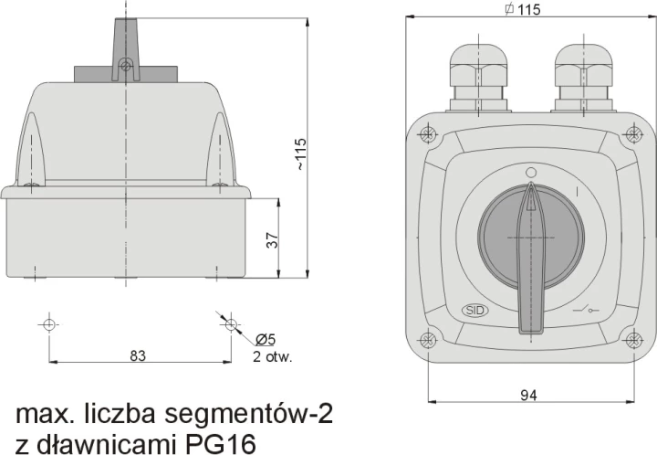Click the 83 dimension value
(138, 355)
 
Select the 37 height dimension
(272, 240)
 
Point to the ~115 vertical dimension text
(301, 153)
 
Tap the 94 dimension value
(528, 395)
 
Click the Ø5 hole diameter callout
(266, 339)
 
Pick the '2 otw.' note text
(272, 357)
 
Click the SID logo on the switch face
(474, 311)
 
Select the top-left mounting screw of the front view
(427, 134)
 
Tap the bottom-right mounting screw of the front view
(633, 339)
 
